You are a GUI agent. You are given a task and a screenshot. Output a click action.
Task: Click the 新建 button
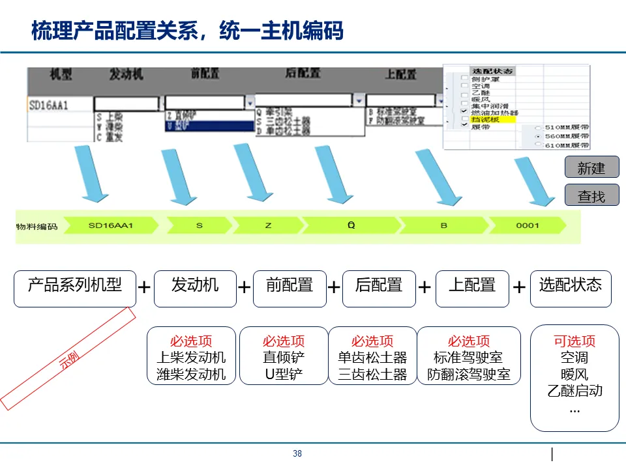tap(591, 168)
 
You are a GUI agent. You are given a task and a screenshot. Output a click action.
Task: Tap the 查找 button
tap(591, 195)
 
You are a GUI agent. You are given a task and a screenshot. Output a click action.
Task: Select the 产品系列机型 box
tap(75, 289)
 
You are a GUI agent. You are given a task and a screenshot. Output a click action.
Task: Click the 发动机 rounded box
tap(195, 289)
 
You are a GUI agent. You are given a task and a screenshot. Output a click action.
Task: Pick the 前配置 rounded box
tap(289, 289)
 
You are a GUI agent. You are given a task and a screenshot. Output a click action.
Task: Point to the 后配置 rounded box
tap(379, 289)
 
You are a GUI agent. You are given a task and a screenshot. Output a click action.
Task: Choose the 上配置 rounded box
tap(472, 289)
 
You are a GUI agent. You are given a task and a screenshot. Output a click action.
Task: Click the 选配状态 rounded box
tap(571, 289)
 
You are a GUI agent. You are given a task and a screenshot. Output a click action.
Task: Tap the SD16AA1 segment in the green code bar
tap(111, 226)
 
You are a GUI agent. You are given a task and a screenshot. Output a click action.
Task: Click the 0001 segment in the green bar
tap(528, 226)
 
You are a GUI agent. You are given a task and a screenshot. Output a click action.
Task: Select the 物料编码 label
tap(37, 227)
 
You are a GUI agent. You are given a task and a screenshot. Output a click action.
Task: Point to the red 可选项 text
tap(574, 341)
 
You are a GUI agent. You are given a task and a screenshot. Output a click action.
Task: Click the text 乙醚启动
tap(574, 391)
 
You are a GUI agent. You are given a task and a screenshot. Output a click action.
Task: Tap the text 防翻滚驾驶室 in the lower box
tap(469, 375)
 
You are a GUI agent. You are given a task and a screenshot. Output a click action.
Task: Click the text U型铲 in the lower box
tap(284, 375)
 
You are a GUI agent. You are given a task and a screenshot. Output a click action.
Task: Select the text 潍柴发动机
tap(191, 375)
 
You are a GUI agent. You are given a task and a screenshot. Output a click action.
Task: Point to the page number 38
tap(297, 454)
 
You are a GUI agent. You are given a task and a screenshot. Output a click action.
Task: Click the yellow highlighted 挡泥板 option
tap(484, 120)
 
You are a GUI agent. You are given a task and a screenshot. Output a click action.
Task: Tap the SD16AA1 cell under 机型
tap(49, 105)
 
